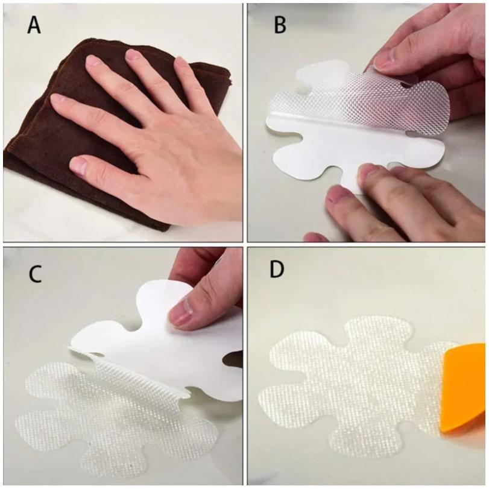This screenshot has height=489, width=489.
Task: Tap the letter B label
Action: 280,25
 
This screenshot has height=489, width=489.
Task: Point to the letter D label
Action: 277,270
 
